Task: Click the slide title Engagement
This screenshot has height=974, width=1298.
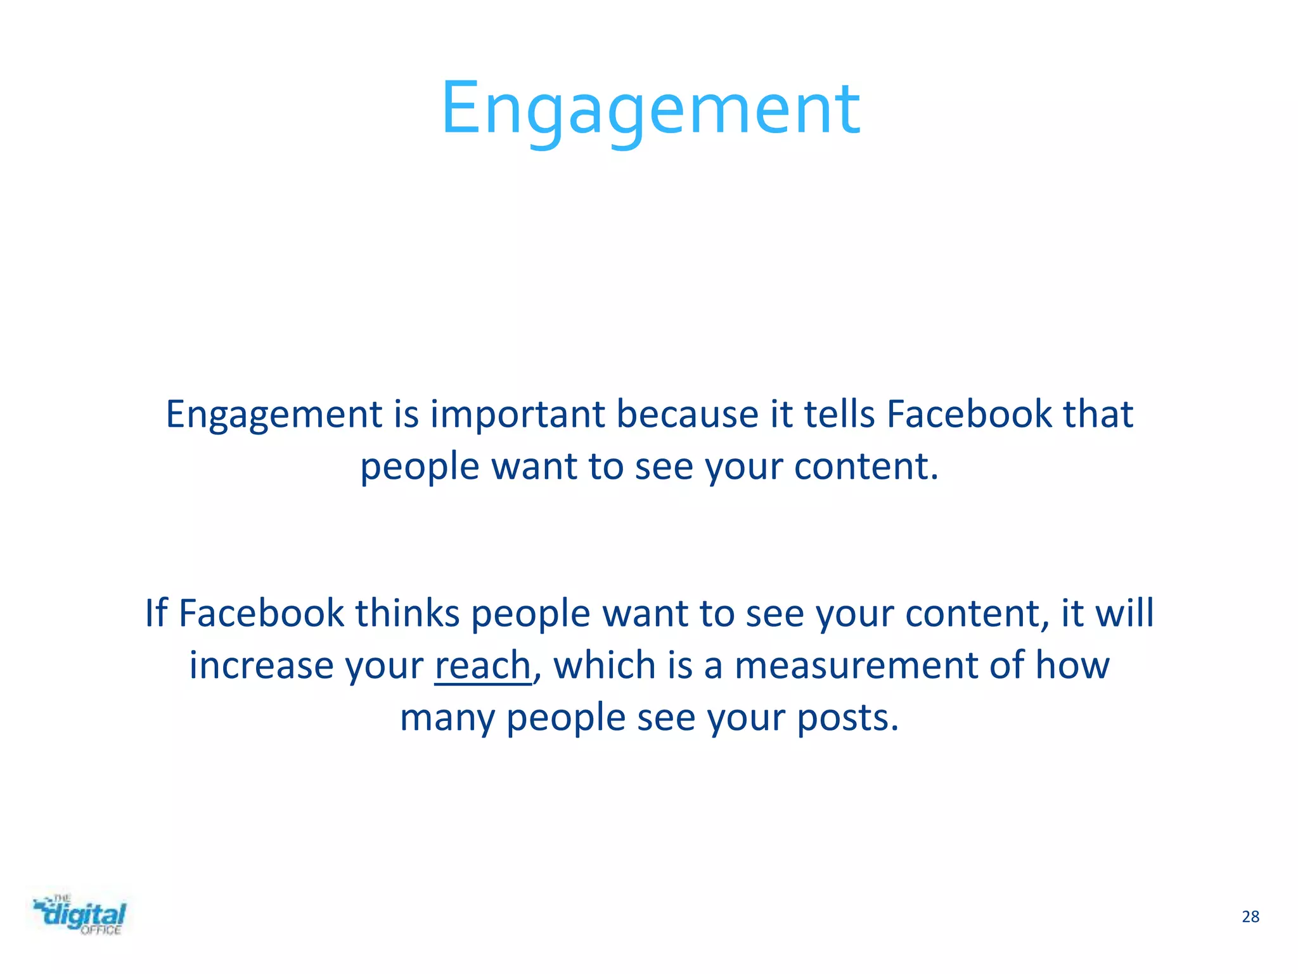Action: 650,109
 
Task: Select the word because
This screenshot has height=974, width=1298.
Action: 687,415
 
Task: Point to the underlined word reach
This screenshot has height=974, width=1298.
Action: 482,666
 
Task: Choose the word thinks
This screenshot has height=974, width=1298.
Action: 407,614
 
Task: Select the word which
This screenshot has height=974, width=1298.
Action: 605,666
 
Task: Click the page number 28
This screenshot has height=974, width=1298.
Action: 1250,916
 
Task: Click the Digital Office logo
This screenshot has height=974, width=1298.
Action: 80,915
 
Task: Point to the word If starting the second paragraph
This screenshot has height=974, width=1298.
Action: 156,614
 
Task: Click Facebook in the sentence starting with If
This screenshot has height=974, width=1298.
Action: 261,614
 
